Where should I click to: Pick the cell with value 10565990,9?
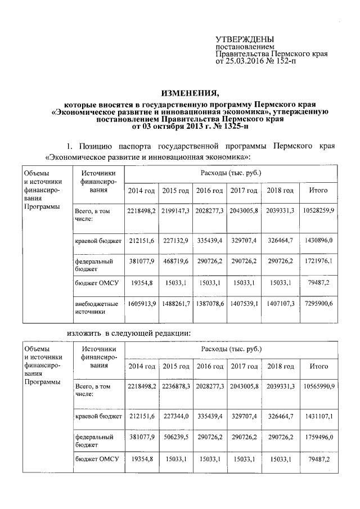tap(319, 386)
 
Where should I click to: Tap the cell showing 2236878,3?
tap(176, 386)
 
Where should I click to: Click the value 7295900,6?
tap(319, 304)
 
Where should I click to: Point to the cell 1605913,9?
tap(142, 304)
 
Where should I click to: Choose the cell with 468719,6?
tap(176, 262)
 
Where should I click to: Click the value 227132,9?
tap(176, 241)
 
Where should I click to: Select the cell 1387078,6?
tap(210, 304)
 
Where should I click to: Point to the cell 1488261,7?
tap(176, 304)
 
